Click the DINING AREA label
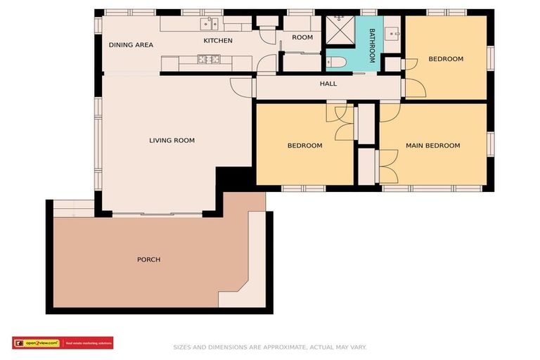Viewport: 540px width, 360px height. coord(131,45)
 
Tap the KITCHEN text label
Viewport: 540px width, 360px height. coord(218,41)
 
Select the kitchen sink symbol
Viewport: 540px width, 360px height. coord(209,24)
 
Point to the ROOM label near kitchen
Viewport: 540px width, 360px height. coord(302,37)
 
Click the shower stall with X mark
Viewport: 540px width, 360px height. coord(339,30)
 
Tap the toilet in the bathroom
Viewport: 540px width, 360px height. coord(337,62)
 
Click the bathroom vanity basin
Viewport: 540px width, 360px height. coord(393,32)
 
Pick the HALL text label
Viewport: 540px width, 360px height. coord(328,84)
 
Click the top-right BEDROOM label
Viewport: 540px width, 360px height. coord(446,59)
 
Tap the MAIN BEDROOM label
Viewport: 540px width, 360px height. coord(432,146)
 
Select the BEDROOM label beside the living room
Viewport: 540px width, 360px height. coord(304,146)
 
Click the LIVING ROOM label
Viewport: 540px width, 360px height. coord(172,141)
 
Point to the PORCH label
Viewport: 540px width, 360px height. coord(148,260)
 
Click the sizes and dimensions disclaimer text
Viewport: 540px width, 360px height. coord(270,347)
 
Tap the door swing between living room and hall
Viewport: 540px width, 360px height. coord(243,87)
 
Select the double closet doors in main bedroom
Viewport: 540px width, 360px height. coord(387,167)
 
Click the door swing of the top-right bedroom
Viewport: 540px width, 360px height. coord(414,88)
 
